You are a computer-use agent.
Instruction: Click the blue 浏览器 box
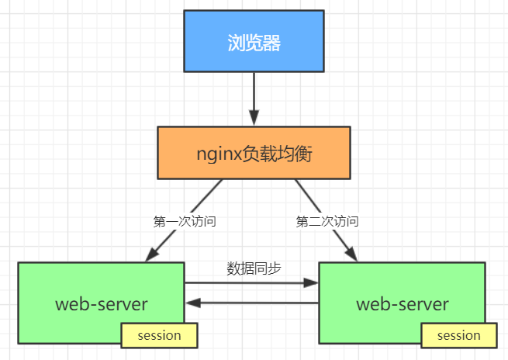click(254, 41)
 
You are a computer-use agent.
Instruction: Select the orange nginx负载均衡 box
click(254, 153)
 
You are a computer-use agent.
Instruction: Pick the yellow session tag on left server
click(159, 335)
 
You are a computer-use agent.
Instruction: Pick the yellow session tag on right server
click(459, 335)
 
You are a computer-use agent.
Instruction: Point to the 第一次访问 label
click(184, 221)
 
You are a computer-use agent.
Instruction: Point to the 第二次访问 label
click(327, 221)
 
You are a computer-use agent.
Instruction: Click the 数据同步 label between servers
click(254, 268)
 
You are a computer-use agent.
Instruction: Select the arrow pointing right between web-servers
click(252, 283)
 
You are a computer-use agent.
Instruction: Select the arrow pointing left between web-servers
click(252, 303)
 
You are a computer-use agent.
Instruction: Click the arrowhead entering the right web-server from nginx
click(353, 255)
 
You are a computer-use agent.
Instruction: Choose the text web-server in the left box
click(101, 303)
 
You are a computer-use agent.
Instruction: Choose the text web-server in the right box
click(403, 303)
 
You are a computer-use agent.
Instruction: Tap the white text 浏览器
click(254, 42)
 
